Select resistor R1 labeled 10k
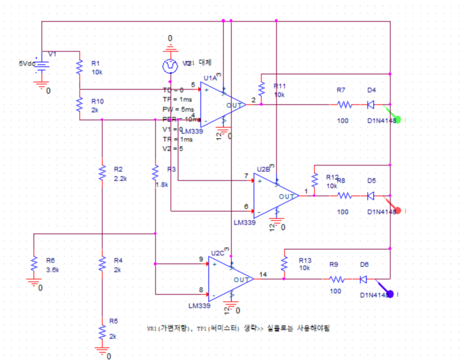[x=79, y=67]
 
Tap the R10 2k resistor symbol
[x=79, y=105]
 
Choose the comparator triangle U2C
[x=231, y=278]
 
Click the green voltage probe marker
[x=399, y=120]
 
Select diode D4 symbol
[x=371, y=105]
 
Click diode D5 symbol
[x=371, y=195]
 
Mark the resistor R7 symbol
[x=344, y=105]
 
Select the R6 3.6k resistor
[x=33, y=264]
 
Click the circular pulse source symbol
[x=171, y=65]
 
